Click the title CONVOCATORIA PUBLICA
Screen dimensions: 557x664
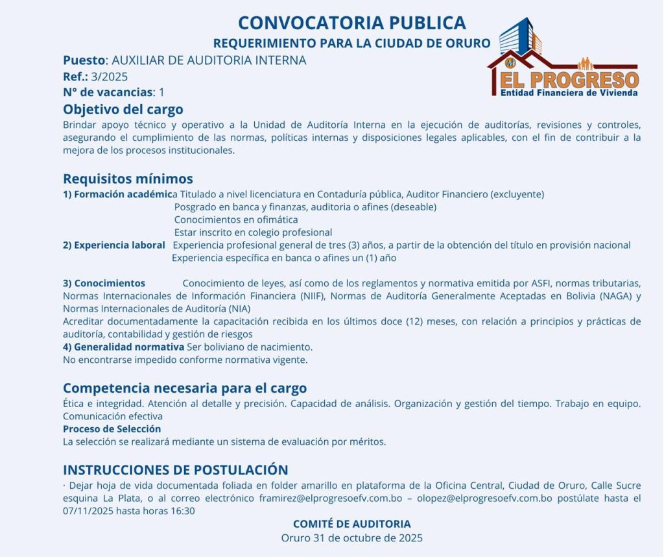351,23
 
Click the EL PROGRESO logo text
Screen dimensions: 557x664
569,80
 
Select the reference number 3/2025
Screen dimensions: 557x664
110,77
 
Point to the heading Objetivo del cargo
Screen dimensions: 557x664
123,109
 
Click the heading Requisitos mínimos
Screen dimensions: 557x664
128,179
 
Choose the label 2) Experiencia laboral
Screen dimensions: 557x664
114,245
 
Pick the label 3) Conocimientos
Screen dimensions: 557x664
104,283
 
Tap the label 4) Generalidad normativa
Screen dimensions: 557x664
123,347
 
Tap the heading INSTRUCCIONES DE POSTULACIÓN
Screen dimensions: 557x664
175,470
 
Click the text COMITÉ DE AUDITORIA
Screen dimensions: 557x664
351,524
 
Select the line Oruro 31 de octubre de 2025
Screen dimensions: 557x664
351,538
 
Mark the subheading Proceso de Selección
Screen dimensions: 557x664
112,429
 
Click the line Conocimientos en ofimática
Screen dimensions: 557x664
236,219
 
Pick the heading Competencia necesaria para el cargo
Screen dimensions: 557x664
185,388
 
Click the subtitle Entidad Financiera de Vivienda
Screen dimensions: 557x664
569,93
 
